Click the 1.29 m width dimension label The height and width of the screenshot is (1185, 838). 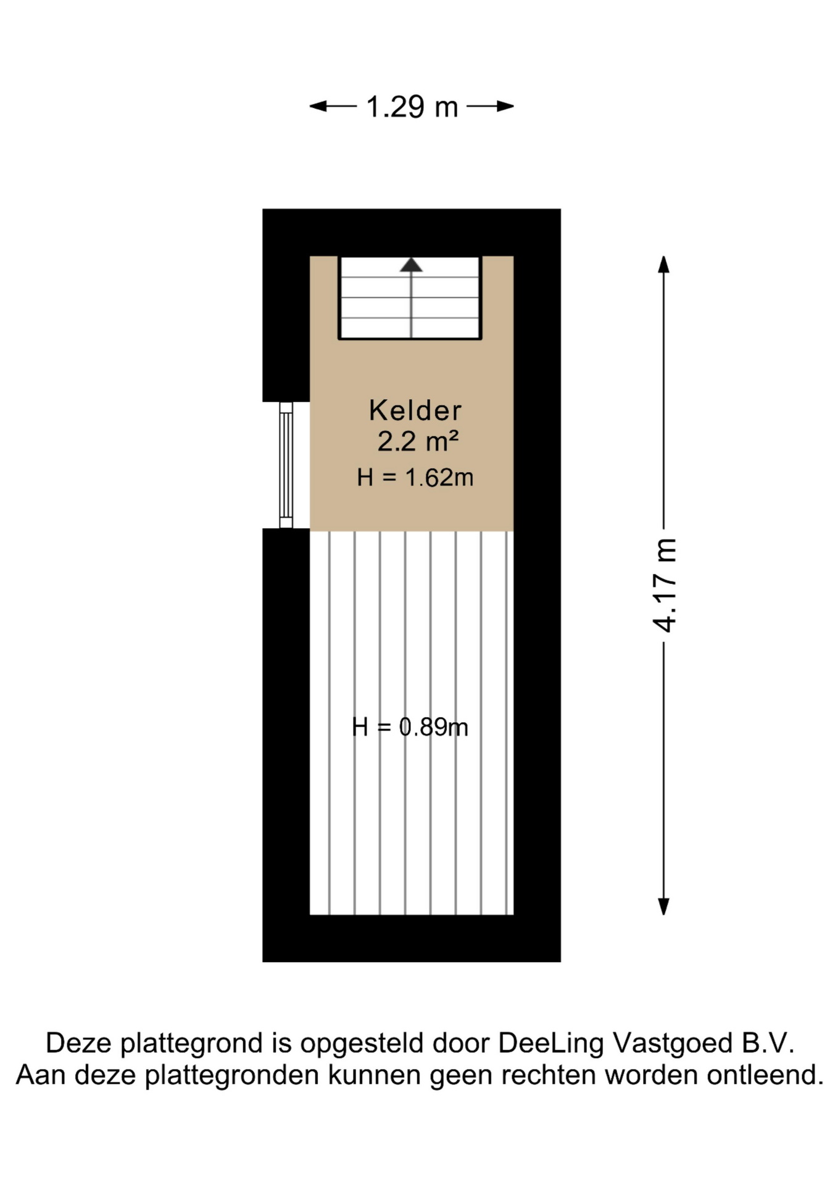[412, 107]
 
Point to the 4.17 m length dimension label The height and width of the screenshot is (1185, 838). [665, 585]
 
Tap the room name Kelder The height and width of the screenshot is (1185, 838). [415, 410]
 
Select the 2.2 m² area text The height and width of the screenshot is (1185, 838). [418, 441]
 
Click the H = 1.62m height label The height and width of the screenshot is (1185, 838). [415, 478]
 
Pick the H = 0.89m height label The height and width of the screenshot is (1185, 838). [410, 727]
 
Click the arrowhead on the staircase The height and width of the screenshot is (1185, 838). [411, 265]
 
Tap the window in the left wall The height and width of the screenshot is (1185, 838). [286, 465]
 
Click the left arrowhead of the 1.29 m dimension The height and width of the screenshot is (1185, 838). [318, 106]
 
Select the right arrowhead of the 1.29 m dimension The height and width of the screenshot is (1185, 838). [505, 106]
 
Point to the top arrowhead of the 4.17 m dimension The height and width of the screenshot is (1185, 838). [664, 264]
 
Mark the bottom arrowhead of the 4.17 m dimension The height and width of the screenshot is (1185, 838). [664, 907]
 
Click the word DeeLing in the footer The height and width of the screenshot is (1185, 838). [551, 1044]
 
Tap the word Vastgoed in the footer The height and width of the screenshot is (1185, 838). [673, 1044]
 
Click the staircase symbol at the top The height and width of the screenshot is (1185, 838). [410, 297]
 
